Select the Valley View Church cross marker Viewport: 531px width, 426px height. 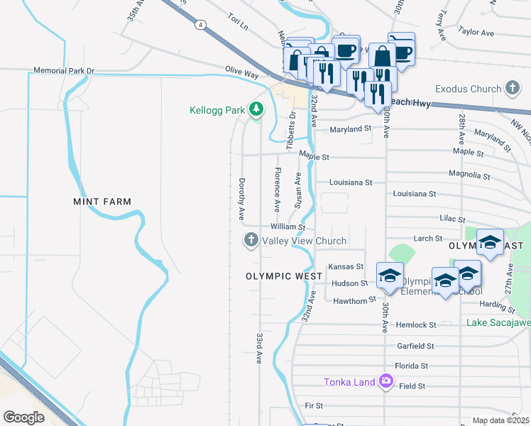250,241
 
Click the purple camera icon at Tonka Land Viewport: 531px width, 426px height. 385,382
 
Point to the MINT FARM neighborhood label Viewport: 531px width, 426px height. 102,202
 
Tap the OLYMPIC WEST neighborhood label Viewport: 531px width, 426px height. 279,275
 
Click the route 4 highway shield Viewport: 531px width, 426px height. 202,24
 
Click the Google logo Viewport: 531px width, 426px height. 23,417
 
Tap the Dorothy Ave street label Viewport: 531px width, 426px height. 241,198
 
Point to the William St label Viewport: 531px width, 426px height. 288,227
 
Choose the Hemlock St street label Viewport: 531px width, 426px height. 417,324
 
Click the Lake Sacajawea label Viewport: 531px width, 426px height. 498,322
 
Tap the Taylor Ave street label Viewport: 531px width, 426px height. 476,32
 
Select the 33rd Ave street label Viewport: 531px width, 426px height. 260,349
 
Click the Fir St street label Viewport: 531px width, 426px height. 314,405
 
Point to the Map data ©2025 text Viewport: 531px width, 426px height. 501,420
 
